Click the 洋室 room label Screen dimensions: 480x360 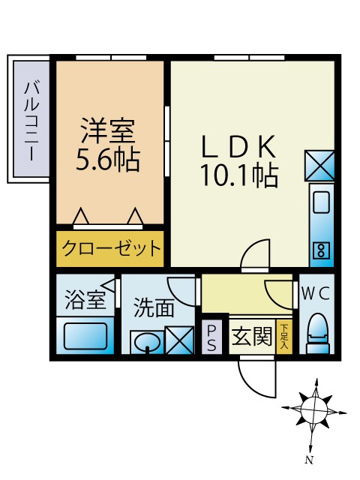coord(109,133)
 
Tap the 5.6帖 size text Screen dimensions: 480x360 coord(109,159)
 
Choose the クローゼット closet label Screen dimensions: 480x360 coord(109,248)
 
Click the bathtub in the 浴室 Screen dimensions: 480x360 coord(85,334)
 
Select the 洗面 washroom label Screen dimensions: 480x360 coord(154,307)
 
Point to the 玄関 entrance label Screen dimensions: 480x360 coord(250,336)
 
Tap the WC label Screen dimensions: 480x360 coord(316,293)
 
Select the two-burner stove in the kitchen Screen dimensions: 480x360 coord(320,248)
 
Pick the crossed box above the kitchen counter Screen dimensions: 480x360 coord(319,165)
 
